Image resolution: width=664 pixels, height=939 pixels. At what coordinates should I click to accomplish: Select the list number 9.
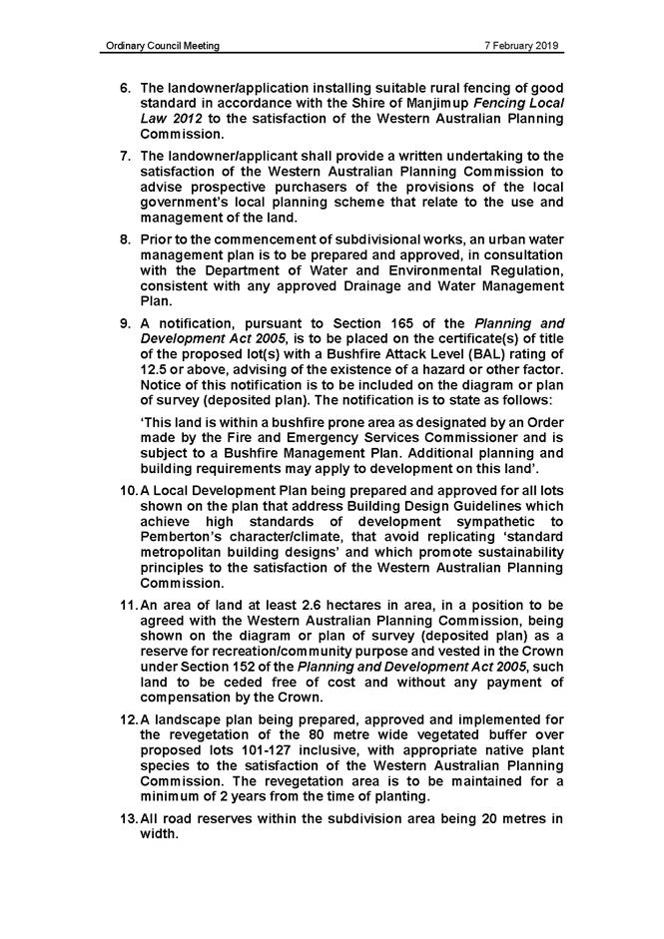126,323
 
